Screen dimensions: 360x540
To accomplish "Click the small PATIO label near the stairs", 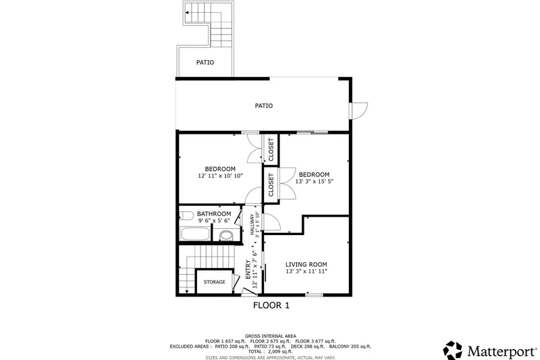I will pyautogui.click(x=205, y=62).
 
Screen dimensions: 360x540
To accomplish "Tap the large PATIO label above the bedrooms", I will pyautogui.click(x=263, y=105).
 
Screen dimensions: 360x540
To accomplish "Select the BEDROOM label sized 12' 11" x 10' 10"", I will pyautogui.click(x=220, y=169).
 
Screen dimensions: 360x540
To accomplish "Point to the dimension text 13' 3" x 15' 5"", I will pyautogui.click(x=314, y=181).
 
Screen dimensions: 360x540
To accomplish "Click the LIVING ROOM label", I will pyautogui.click(x=306, y=264).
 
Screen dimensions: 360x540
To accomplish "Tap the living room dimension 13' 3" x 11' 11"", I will pyautogui.click(x=306, y=272).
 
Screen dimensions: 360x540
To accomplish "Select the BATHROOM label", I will pyautogui.click(x=214, y=213).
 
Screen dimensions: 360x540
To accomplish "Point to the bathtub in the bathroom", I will pyautogui.click(x=196, y=235).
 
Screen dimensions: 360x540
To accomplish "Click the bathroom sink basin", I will pyautogui.click(x=226, y=236).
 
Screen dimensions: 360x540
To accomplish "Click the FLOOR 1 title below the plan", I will pyautogui.click(x=271, y=305).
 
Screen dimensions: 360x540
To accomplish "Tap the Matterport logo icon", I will pyautogui.click(x=453, y=349).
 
